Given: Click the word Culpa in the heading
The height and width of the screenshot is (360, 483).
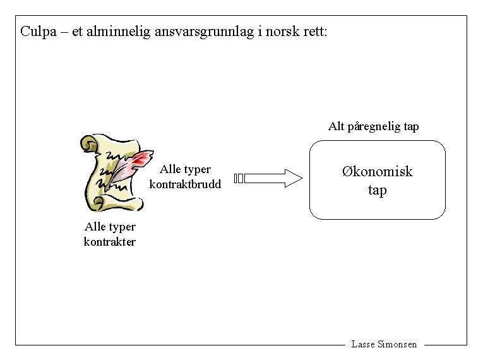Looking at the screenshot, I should click(x=37, y=31).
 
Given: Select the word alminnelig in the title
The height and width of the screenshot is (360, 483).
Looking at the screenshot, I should click(x=119, y=31).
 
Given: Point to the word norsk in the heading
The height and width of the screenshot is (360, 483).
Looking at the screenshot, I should click(x=283, y=31).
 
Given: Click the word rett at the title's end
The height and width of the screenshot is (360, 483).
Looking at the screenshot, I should click(x=316, y=31).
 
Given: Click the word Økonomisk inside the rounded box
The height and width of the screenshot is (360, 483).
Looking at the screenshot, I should click(x=377, y=171).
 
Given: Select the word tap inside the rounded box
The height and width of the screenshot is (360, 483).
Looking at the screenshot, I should click(x=377, y=190).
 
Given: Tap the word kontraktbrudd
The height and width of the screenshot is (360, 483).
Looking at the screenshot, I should click(x=185, y=184).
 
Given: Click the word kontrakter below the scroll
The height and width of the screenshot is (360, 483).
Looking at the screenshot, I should click(x=109, y=241).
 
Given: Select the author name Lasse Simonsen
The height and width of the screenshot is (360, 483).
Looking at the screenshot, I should click(x=384, y=344).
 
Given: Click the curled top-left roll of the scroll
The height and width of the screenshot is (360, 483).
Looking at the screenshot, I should click(x=88, y=143).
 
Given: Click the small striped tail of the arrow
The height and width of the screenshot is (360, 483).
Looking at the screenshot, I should click(x=237, y=178).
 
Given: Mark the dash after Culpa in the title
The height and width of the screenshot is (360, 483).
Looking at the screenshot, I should click(x=61, y=32).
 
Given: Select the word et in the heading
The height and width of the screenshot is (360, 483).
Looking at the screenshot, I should click(x=77, y=32).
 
